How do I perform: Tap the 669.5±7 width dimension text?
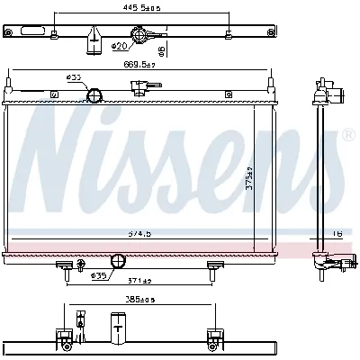coord(139,66)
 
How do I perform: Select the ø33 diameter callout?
coord(73,77)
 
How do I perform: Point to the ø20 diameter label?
coord(118,45)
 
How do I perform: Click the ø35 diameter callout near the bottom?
coord(100,275)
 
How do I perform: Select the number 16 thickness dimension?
coord(338,233)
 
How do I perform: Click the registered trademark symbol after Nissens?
coord(346,136)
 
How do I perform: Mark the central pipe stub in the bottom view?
coord(117,325)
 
